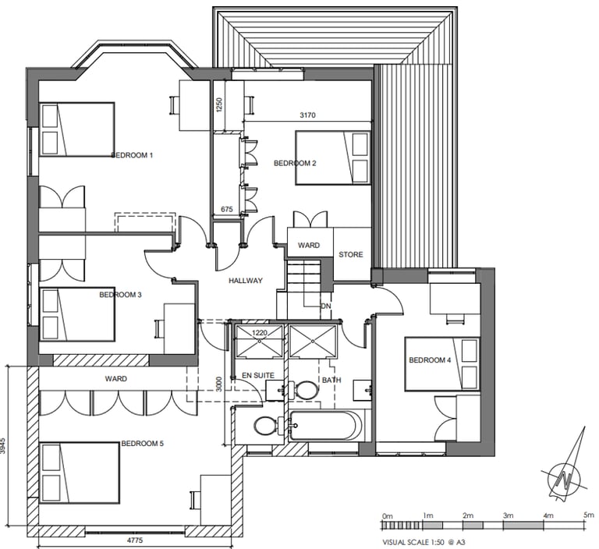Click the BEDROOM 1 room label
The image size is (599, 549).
[x=132, y=155]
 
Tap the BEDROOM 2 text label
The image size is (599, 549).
[x=295, y=163]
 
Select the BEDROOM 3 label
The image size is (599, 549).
[x=120, y=295]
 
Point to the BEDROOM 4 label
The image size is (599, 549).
[x=430, y=360]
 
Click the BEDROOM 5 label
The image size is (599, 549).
[x=142, y=444]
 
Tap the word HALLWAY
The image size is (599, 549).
[x=245, y=281]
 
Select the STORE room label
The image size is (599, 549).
[x=350, y=255]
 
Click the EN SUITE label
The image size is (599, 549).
[x=257, y=375]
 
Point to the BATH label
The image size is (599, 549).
[x=331, y=380]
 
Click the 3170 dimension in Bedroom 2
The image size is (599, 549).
[x=308, y=115]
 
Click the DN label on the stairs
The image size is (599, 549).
[x=326, y=306]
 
